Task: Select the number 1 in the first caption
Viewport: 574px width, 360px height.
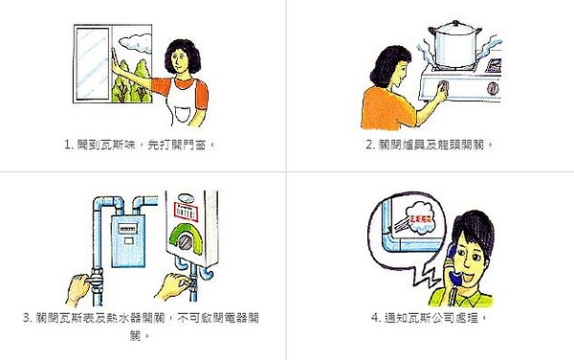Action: click(x=67, y=145)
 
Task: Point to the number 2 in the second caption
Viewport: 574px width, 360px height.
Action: click(x=369, y=145)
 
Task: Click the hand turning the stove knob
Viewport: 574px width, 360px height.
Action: click(x=438, y=93)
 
